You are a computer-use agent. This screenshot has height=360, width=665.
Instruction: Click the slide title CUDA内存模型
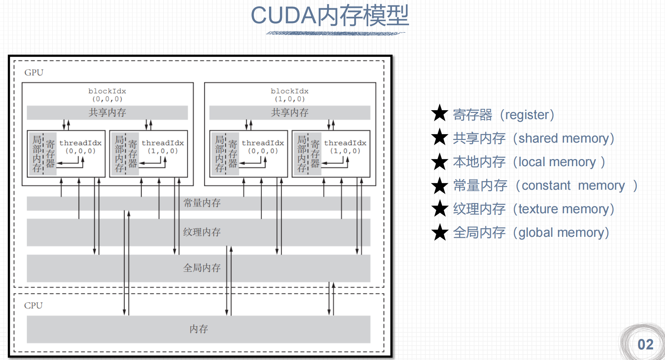coord(330,16)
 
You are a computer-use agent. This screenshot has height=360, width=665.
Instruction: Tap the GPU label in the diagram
coord(34,73)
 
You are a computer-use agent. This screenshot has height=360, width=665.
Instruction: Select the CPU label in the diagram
coord(33,305)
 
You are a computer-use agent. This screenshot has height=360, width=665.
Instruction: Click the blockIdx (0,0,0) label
coord(107,95)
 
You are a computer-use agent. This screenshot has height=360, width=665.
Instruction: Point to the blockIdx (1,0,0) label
coord(289,95)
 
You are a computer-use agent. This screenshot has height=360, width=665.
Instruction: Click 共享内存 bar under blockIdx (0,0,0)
coord(107,113)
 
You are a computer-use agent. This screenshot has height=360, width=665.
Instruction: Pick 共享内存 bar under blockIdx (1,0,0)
coord(289,113)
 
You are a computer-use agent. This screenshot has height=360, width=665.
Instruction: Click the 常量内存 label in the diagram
coord(202,203)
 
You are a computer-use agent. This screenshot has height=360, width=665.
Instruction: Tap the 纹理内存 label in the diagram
coord(202,232)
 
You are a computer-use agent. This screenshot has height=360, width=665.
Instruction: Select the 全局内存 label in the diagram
coord(202,268)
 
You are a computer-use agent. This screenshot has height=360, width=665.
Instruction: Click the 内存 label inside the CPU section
coord(199,329)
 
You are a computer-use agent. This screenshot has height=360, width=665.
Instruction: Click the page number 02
coord(645,345)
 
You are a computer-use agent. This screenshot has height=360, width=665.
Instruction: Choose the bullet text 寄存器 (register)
coord(503,115)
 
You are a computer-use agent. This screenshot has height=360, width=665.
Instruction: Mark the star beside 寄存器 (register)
coord(440,113)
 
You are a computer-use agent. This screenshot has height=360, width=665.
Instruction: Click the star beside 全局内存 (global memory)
coord(440,232)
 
